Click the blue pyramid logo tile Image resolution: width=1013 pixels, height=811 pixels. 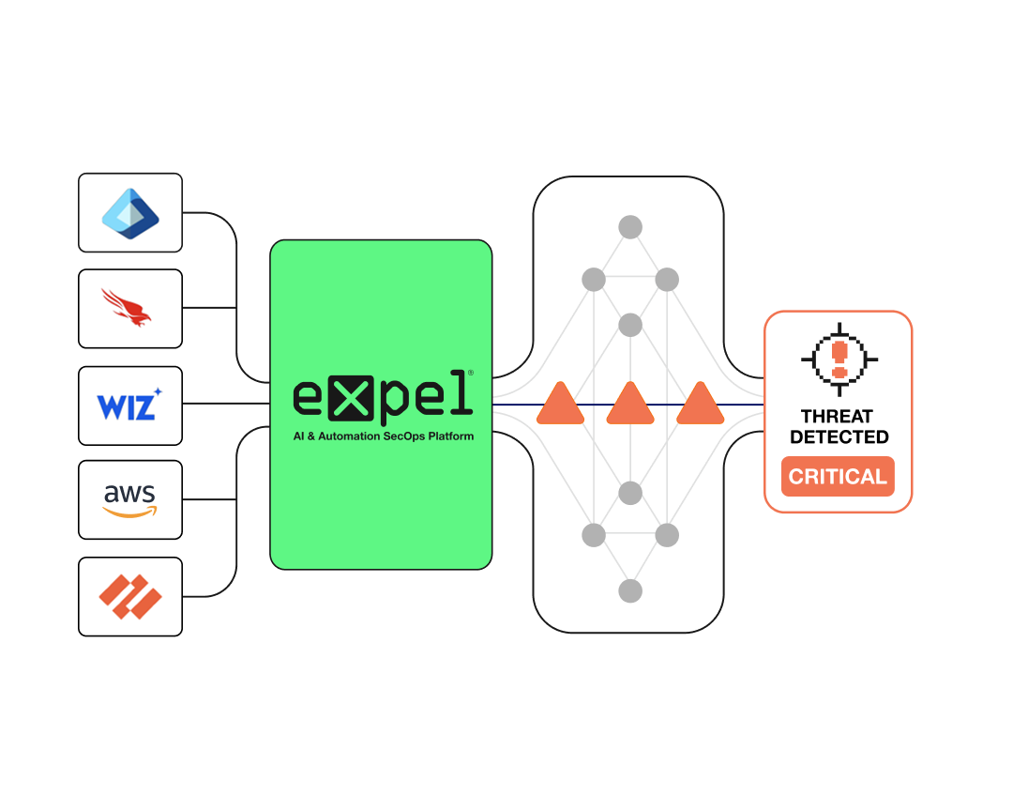(x=130, y=213)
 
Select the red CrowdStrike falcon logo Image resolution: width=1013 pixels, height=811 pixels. (x=129, y=309)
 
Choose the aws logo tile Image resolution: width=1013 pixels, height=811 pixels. (x=130, y=499)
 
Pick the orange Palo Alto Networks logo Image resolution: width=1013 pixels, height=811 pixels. (x=130, y=597)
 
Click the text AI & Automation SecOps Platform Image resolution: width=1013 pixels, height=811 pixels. (x=382, y=436)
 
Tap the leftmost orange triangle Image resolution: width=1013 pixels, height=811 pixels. (x=560, y=405)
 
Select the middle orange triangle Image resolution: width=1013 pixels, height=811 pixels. (x=630, y=405)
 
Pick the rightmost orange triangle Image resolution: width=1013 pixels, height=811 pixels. (x=700, y=405)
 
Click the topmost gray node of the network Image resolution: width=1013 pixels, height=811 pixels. (x=630, y=227)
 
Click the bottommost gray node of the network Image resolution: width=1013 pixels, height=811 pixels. (x=630, y=591)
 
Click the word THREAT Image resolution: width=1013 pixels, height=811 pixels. (x=838, y=416)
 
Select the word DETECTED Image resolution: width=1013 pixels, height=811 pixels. (x=839, y=436)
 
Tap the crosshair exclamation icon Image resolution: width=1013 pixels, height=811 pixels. (x=839, y=358)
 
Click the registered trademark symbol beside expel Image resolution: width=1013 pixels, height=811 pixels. (x=470, y=373)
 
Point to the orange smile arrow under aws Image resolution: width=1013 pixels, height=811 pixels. (x=130, y=513)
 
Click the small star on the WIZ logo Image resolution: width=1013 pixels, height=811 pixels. (x=158, y=391)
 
